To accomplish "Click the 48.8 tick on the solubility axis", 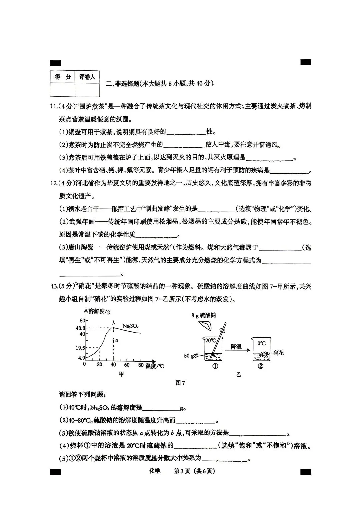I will pyautogui.click(x=81, y=328).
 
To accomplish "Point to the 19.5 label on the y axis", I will pyautogui.click(x=81, y=348).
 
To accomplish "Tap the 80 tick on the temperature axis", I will pyautogui.click(x=141, y=365).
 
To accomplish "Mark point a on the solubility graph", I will pyautogui.click(x=114, y=340).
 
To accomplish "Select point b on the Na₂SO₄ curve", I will pyautogui.click(x=114, y=328).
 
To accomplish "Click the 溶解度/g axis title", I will pyautogui.click(x=99, y=311).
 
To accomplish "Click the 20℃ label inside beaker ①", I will pyautogui.click(x=210, y=340).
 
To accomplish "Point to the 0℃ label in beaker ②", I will pyautogui.click(x=261, y=343).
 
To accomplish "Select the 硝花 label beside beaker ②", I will pyautogui.click(x=278, y=353).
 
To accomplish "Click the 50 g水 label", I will pyautogui.click(x=191, y=356).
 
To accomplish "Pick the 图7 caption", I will pyautogui.click(x=180, y=383).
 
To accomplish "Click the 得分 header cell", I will pyautogui.click(x=63, y=77).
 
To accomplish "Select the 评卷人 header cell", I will pyautogui.click(x=87, y=77).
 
